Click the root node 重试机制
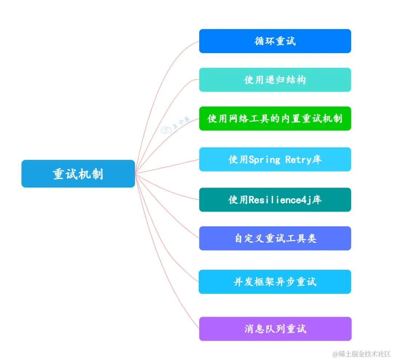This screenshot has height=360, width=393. pyautogui.click(x=78, y=174)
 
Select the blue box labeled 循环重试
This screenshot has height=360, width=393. pyautogui.click(x=275, y=41)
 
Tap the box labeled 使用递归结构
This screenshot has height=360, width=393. pyautogui.click(x=275, y=80)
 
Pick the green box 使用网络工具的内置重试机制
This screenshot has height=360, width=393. pyautogui.click(x=275, y=118)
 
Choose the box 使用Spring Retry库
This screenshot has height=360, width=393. pyautogui.click(x=275, y=159)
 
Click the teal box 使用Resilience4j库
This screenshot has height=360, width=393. pyautogui.click(x=275, y=199)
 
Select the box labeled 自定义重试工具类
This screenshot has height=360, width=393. pyautogui.click(x=275, y=238)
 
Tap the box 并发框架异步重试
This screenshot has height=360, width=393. pyautogui.click(x=275, y=282)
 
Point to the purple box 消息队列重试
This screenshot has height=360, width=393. pyautogui.click(x=275, y=329)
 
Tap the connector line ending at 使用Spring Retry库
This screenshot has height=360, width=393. pyautogui.click(x=167, y=166)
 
